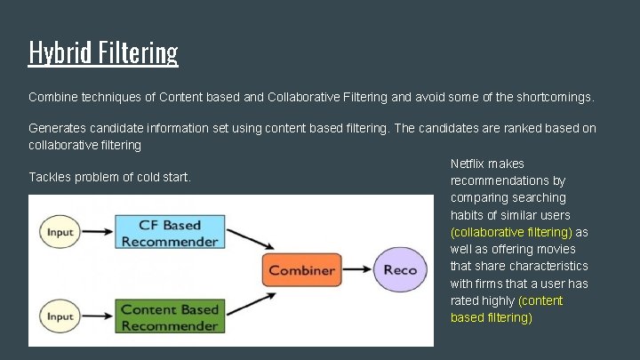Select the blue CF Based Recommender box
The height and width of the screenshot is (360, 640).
[x=169, y=233]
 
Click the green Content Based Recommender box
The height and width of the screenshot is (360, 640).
[x=169, y=317]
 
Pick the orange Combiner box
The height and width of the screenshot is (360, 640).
[x=301, y=270]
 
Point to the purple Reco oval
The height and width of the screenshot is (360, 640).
[x=400, y=270]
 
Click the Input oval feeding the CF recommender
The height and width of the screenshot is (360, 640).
[x=60, y=233]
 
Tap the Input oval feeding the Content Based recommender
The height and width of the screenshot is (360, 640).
[x=60, y=317]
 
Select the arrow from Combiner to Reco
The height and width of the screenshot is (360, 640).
[x=356, y=270]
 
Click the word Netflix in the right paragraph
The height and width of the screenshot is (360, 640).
[x=468, y=164]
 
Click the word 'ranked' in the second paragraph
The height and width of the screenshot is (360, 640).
[x=504, y=128]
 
